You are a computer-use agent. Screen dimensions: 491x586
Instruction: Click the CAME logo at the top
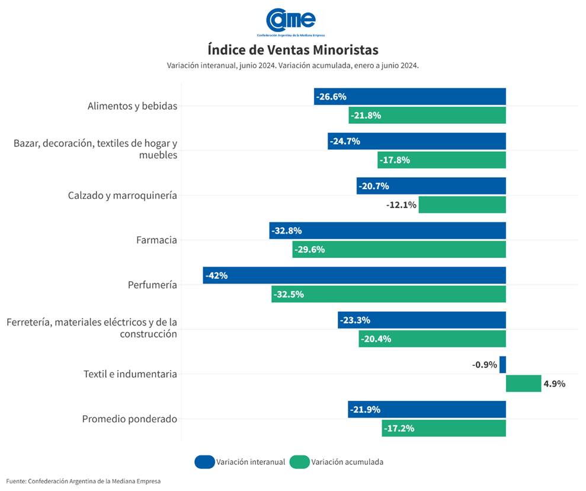point(291,21)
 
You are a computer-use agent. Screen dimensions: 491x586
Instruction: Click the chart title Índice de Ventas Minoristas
point(293,49)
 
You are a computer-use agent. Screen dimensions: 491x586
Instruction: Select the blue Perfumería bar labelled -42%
point(354,276)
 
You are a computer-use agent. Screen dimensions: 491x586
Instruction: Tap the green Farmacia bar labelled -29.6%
point(399,250)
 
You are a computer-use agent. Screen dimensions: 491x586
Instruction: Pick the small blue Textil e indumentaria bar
point(502,365)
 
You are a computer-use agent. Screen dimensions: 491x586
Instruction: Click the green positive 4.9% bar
point(523,384)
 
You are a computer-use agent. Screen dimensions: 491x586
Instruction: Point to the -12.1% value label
point(402,205)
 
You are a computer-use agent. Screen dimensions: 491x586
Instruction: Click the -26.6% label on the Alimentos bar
point(331,97)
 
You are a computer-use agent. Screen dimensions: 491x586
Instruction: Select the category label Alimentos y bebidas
point(132,106)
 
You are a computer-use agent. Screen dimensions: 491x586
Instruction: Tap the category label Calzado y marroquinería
point(122,196)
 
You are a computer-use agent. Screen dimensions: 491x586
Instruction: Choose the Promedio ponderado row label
point(129,419)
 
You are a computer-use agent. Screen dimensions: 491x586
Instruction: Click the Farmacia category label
point(156,240)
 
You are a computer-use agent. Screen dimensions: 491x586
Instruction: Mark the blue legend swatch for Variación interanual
point(204,462)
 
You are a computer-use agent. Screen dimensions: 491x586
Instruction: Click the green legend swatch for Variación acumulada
point(299,462)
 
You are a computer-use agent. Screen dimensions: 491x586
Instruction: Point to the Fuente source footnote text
point(84,481)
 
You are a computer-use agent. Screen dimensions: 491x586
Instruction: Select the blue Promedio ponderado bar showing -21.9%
point(427,410)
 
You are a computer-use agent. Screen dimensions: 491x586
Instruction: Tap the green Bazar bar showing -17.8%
point(441,160)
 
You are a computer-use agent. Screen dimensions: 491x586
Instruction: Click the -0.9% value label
point(485,365)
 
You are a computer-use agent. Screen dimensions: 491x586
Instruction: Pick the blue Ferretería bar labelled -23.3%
point(422,320)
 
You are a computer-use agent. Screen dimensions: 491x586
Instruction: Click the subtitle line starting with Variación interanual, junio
point(293,66)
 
